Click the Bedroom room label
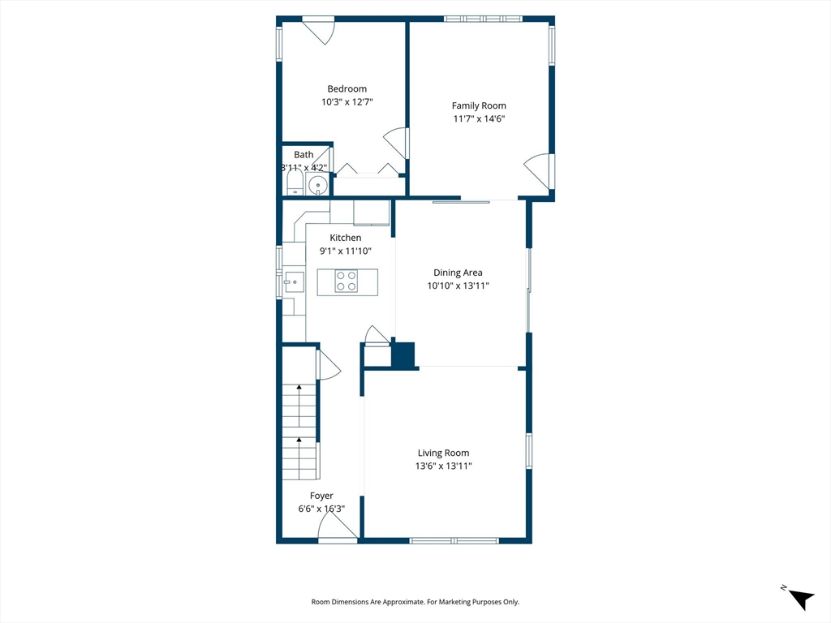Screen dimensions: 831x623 (347, 88)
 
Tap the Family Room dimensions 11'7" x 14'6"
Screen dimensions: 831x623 (479, 118)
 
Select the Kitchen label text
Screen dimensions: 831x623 (346, 238)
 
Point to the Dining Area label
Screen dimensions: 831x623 (458, 273)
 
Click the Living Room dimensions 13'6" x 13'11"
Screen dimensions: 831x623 (444, 466)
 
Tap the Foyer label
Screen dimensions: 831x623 (321, 496)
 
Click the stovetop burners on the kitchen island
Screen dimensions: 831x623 (346, 281)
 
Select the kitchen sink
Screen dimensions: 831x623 (294, 281)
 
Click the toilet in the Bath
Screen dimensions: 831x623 (295, 183)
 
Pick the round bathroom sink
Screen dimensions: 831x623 (317, 186)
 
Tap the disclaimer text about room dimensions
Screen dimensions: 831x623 (415, 602)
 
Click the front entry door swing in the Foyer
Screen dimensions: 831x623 (338, 527)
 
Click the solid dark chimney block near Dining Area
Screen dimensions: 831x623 (403, 354)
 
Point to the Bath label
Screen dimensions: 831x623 (304, 155)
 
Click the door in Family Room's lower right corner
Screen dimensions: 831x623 (537, 170)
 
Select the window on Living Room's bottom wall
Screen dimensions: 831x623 (454, 540)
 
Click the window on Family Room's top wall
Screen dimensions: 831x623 (483, 19)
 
